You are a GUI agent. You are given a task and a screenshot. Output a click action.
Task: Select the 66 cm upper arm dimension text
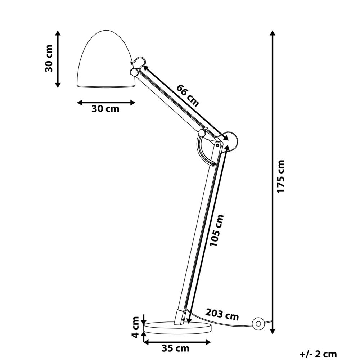(187, 95)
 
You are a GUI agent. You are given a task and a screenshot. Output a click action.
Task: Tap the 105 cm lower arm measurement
(217, 231)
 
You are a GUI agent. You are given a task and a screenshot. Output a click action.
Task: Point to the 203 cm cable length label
(222, 314)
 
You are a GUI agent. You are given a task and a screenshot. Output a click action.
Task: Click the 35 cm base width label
(176, 348)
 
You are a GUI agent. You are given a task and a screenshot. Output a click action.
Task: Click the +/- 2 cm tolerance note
(318, 354)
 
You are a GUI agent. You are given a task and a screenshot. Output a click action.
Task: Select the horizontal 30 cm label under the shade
(105, 109)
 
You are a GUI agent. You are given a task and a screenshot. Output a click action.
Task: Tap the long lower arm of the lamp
(198, 234)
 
